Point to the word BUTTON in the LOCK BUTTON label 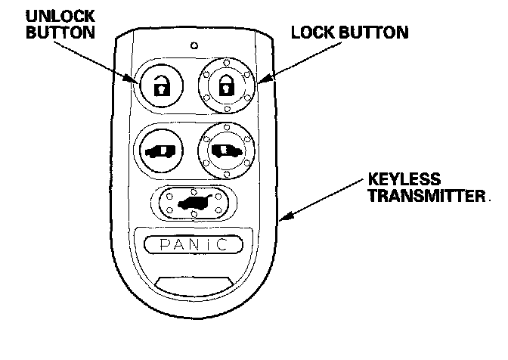(379, 33)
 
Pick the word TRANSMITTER (426, 197)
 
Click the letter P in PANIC (154, 244)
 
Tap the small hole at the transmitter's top (194, 44)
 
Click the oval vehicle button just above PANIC (194, 202)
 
